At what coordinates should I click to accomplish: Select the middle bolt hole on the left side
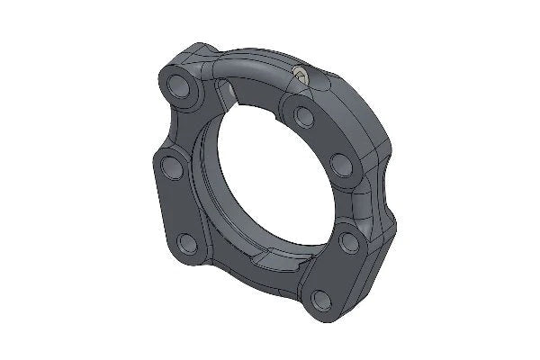click(x=169, y=167)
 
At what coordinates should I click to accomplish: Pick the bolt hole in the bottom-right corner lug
click(x=319, y=300)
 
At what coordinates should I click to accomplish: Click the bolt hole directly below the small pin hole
click(x=303, y=115)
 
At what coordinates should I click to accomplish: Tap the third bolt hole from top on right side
click(x=345, y=239)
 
